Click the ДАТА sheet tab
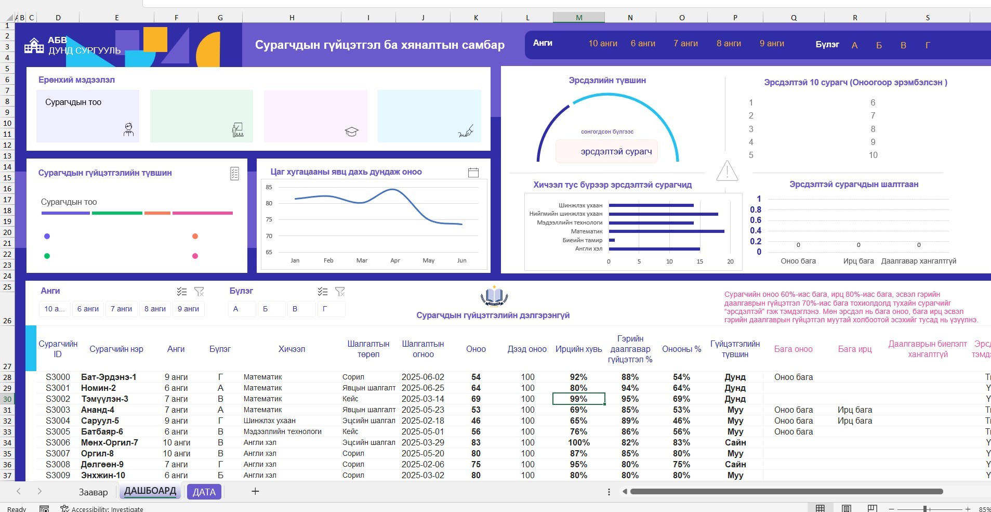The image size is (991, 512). tap(204, 492)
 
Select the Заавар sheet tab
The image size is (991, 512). tap(94, 492)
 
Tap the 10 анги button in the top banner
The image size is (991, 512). tap(603, 44)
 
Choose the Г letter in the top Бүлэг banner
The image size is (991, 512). tap(928, 45)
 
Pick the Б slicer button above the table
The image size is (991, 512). tap(265, 309)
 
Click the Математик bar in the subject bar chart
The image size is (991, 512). tap(667, 231)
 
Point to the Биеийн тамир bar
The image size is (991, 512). tap(612, 240)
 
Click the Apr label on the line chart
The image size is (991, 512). tap(395, 260)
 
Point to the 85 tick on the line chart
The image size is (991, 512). tap(269, 187)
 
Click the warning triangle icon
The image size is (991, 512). tap(727, 170)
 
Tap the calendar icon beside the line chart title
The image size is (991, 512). tap(473, 173)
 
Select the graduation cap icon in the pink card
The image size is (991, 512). tap(352, 132)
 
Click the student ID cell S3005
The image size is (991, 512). tap(58, 431)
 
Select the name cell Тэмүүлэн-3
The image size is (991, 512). tap(104, 399)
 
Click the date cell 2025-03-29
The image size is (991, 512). tap(423, 442)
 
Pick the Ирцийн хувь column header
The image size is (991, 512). tap(579, 349)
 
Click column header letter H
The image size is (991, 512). tap(292, 18)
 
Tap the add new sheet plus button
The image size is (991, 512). tap(255, 491)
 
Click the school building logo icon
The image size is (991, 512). tap(34, 46)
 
